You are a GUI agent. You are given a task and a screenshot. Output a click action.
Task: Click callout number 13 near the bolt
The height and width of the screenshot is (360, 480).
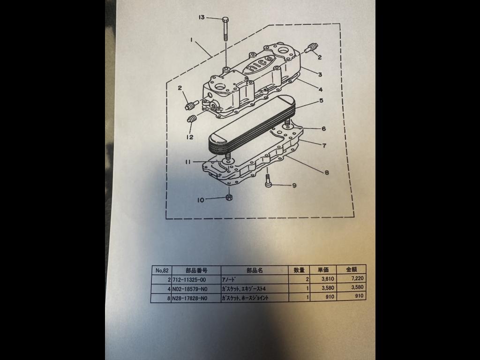click(x=202, y=17)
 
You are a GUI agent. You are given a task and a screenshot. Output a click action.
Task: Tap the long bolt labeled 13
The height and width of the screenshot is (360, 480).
click(x=225, y=29)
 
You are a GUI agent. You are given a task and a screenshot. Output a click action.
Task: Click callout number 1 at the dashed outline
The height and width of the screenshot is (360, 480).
click(x=192, y=40)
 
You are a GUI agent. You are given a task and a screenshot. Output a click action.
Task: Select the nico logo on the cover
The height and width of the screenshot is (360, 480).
click(x=257, y=64)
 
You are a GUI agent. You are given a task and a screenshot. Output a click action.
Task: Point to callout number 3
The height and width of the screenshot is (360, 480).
click(x=320, y=75)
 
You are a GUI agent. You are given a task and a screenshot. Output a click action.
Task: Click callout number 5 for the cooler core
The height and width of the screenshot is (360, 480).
click(x=321, y=100)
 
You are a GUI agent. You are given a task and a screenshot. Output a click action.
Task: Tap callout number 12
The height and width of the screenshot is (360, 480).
click(x=190, y=137)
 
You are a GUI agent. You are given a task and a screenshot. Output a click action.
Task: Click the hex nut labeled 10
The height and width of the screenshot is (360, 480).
click(x=229, y=197)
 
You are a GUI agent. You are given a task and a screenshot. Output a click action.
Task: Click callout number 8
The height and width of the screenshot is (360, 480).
click(x=327, y=172)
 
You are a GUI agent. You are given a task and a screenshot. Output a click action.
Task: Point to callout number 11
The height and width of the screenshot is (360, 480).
click(x=187, y=162)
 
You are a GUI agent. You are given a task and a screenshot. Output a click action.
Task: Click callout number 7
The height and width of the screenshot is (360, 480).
click(x=324, y=145)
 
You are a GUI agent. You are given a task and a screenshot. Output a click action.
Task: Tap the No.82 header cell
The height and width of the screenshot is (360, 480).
click(x=162, y=270)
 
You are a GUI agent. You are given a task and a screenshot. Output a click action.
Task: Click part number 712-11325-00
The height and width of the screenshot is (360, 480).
click(x=189, y=279)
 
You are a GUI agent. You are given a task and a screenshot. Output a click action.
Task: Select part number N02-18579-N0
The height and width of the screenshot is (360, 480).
click(x=190, y=289)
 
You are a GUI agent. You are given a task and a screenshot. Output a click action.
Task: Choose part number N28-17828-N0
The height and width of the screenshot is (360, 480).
click(x=190, y=298)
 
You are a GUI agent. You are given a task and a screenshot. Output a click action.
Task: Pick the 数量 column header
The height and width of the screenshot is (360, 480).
click(x=299, y=270)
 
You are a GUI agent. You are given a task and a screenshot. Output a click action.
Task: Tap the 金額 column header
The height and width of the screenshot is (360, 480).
click(x=352, y=270)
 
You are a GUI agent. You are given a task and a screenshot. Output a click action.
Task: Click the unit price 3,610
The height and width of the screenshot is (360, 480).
click(x=328, y=279)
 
